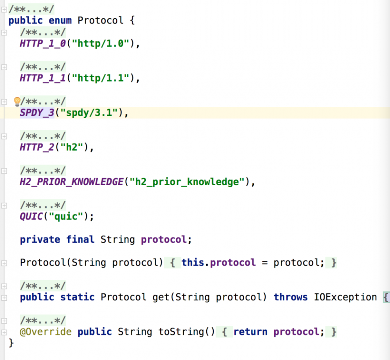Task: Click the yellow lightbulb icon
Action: pyautogui.click(x=17, y=101)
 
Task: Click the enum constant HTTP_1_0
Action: pyautogui.click(x=43, y=44)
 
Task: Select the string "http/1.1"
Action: pyautogui.click(x=101, y=78)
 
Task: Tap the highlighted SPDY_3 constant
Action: pyautogui.click(x=37, y=113)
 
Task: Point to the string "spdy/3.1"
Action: pyautogui.click(x=89, y=113)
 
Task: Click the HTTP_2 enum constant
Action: pyautogui.click(x=37, y=147)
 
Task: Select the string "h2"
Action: pyautogui.click(x=72, y=147)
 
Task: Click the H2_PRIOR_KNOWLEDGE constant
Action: pyautogui.click(x=72, y=182)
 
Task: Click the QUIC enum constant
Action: pyautogui.click(x=31, y=216)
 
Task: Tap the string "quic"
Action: pyautogui.click(x=66, y=216)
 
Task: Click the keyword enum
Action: pyautogui.click(x=60, y=20)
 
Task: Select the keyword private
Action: pyautogui.click(x=40, y=239)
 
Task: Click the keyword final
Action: pyautogui.click(x=80, y=239)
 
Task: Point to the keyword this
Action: pyautogui.click(x=193, y=262)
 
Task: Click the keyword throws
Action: pyautogui.click(x=291, y=297)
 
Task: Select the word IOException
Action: pyautogui.click(x=346, y=297)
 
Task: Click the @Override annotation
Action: pyautogui.click(x=46, y=332)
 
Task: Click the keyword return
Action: pyautogui.click(x=250, y=332)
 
